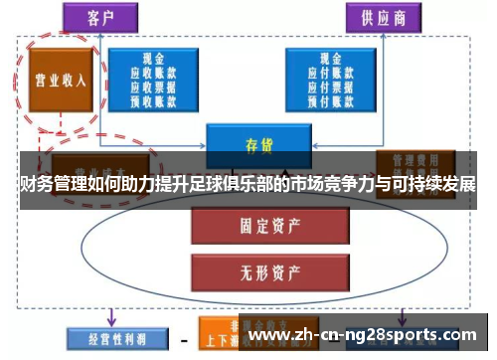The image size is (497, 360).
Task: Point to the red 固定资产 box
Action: pyautogui.click(x=259, y=225)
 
